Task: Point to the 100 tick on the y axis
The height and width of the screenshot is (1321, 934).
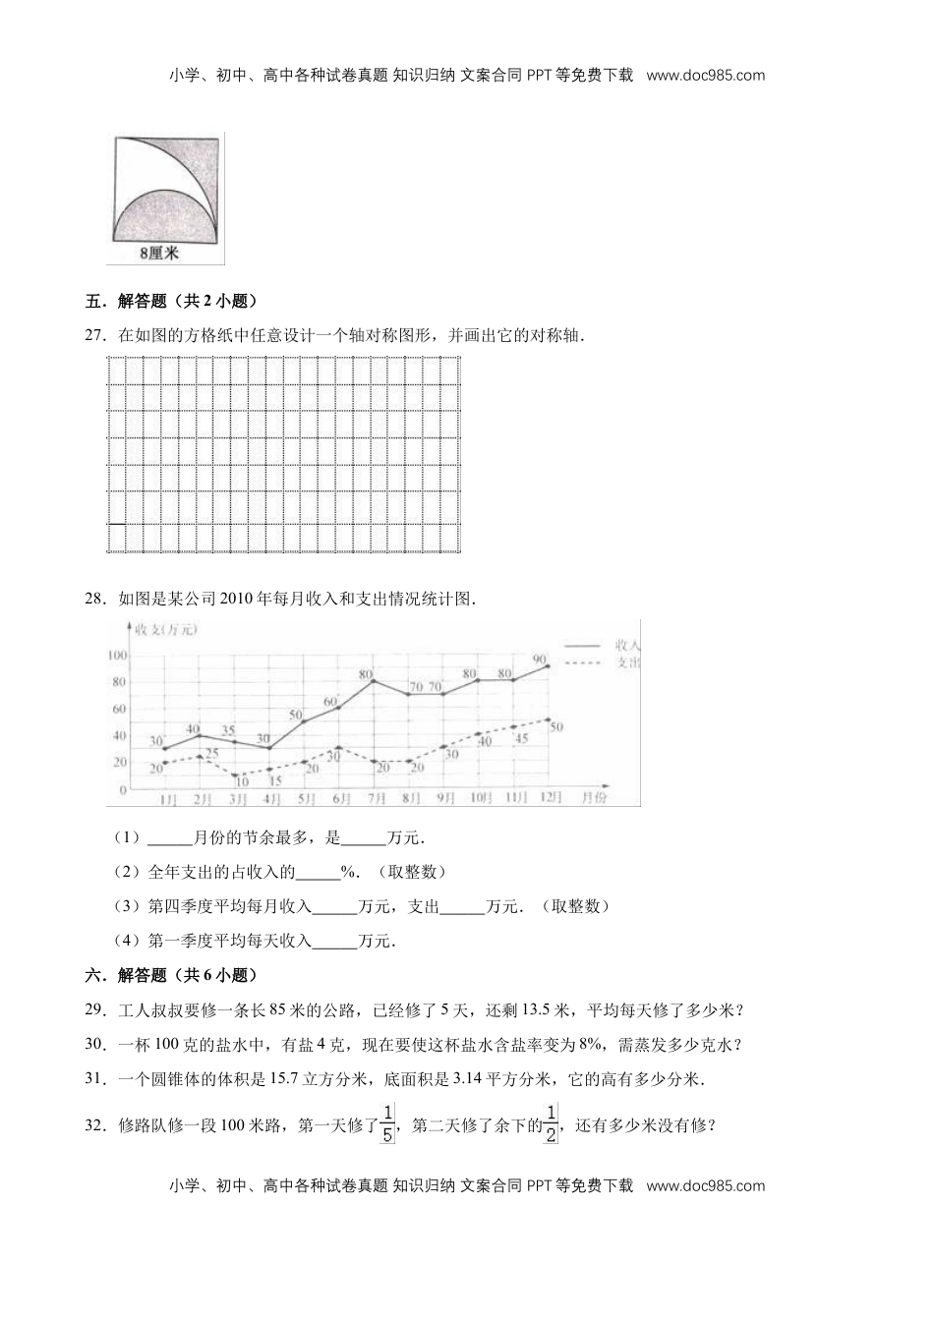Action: [x=117, y=655]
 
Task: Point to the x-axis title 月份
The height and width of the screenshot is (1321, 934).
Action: [x=593, y=798]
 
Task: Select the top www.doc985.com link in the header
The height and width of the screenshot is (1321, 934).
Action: [x=706, y=75]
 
